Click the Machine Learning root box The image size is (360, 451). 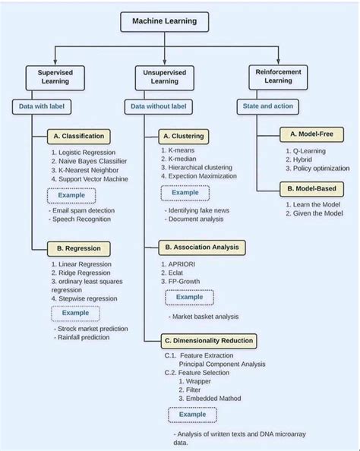(x=164, y=21)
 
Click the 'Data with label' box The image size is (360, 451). (x=41, y=106)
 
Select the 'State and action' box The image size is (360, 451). (x=267, y=106)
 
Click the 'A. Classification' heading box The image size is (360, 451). (x=79, y=137)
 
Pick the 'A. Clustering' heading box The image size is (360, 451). (x=183, y=137)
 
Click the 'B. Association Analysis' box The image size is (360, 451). (x=201, y=247)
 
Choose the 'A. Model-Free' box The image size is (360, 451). (x=311, y=134)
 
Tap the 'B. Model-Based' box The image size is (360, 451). (x=311, y=188)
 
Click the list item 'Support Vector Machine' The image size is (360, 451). (x=93, y=179)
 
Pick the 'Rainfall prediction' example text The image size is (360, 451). (x=84, y=337)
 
